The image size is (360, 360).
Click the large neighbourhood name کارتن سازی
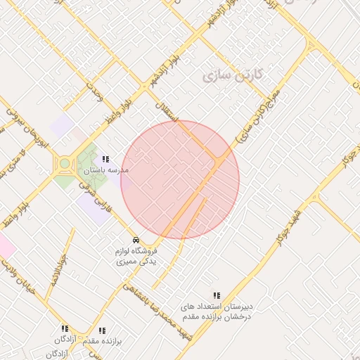(x=233, y=75)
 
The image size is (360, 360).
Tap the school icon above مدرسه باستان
(x=106, y=160)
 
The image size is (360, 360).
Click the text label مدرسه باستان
(x=106, y=171)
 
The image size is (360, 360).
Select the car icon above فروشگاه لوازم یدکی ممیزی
(x=136, y=240)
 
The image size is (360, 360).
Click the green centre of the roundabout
(x=65, y=164)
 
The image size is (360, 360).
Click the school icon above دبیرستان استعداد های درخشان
(x=217, y=295)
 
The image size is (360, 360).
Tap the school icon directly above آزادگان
(x=65, y=328)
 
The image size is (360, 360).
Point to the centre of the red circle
(x=180, y=180)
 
